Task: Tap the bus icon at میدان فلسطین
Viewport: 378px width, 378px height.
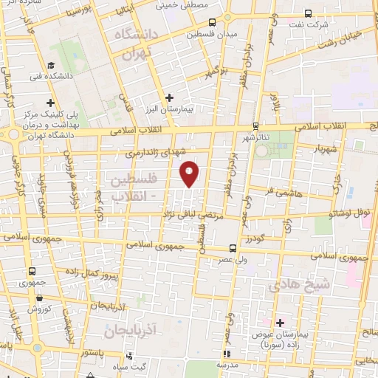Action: pyautogui.click(x=212, y=23)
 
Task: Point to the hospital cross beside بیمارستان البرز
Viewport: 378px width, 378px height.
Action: pyautogui.click(x=169, y=97)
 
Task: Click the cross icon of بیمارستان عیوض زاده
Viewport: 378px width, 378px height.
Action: pyautogui.click(x=280, y=323)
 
